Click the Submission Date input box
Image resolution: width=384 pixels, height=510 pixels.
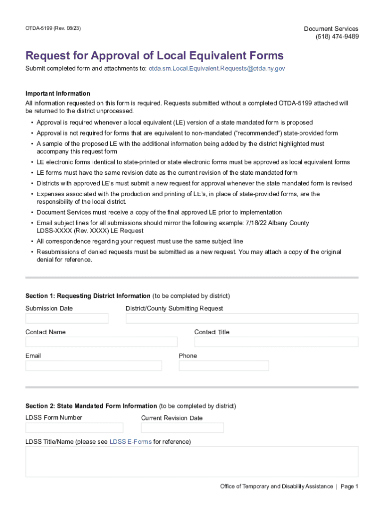click(67, 318)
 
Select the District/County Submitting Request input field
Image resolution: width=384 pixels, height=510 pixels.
click(242, 318)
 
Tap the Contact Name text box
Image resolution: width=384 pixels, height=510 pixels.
click(101, 342)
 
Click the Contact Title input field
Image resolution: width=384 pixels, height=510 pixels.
click(276, 342)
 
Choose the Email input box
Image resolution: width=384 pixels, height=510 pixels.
click(94, 366)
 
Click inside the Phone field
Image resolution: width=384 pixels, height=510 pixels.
click(224, 366)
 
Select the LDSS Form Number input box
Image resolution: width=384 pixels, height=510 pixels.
click(74, 428)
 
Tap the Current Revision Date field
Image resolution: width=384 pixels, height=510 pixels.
click(183, 428)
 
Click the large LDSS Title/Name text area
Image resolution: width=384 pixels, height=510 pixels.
click(192, 461)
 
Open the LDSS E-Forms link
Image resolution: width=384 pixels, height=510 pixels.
click(131, 442)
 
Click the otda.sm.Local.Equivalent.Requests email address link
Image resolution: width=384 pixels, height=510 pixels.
click(216, 68)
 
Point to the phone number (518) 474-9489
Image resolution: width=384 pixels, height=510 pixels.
click(337, 36)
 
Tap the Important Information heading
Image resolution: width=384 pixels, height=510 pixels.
click(58, 94)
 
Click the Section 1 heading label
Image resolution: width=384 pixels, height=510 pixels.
click(88, 296)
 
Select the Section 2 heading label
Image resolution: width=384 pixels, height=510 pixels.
click(91, 406)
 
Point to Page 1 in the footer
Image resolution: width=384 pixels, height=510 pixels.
click(350, 487)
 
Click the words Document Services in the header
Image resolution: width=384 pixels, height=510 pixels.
click(331, 29)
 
